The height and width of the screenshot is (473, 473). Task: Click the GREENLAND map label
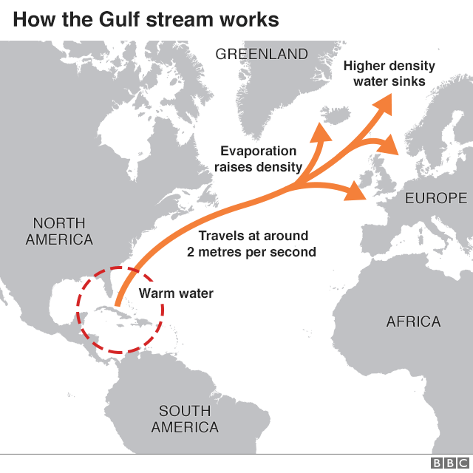coord(261,54)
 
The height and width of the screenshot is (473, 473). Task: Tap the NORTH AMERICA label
coord(59,231)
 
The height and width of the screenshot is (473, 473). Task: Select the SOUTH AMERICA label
coord(185,419)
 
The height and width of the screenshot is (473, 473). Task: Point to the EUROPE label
coord(436,198)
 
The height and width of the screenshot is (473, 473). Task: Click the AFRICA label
coord(413,321)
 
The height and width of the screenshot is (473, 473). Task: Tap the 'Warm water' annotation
coord(176,293)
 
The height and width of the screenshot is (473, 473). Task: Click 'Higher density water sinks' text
coord(389,73)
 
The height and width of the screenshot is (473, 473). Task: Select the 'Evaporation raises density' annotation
coord(258,159)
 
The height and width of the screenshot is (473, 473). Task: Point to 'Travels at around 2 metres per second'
coord(251,244)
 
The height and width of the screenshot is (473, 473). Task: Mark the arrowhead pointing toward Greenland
coord(321,131)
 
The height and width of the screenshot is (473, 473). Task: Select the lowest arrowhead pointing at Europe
coord(358,192)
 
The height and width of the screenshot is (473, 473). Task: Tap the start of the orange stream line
coord(118,323)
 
